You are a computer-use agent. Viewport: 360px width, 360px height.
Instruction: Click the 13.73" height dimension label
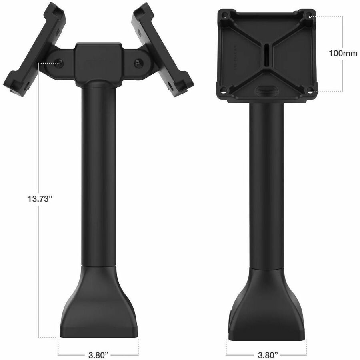39,198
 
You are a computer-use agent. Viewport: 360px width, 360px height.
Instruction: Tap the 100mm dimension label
343,53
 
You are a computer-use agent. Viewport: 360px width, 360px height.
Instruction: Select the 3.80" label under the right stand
268,355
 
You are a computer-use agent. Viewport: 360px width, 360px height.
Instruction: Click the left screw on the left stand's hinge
59,63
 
